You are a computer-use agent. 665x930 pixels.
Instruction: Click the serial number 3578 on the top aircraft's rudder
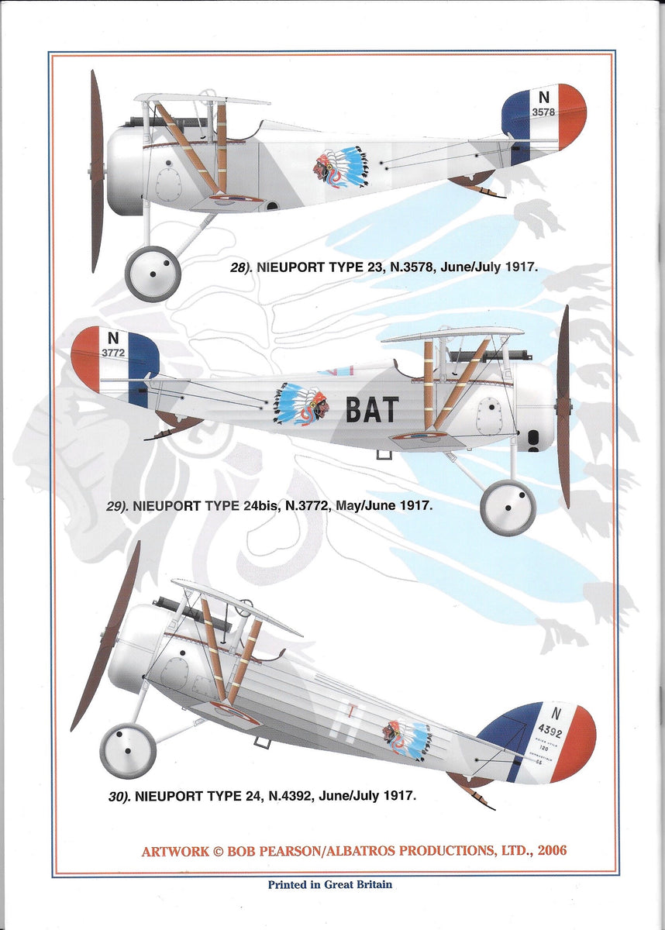pos(543,112)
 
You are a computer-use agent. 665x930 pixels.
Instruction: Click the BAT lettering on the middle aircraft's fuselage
pos(372,409)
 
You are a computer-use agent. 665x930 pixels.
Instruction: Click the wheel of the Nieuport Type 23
pos(153,274)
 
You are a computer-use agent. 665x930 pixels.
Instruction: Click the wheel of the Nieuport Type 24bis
pos(508,508)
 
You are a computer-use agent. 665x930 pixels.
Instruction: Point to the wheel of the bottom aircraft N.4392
pos(128,751)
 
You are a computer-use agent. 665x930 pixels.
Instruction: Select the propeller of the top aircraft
pos(96,170)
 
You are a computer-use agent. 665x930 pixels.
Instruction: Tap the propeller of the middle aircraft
pos(563,406)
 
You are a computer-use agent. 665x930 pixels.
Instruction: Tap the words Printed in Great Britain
pos(330,884)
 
